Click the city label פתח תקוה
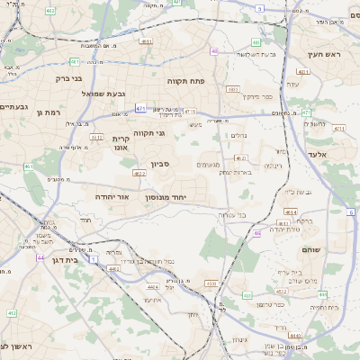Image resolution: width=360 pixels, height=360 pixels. pos(187,81)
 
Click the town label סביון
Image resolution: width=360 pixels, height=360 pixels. pos(160,166)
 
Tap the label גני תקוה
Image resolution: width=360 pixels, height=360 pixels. pos(148,132)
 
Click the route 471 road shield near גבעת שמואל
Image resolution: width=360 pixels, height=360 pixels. pos(140,108)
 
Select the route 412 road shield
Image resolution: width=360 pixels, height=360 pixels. pos(12,312)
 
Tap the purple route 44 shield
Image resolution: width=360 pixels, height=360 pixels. pos(40,256)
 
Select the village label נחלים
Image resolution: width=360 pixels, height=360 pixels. pos(238,136)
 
